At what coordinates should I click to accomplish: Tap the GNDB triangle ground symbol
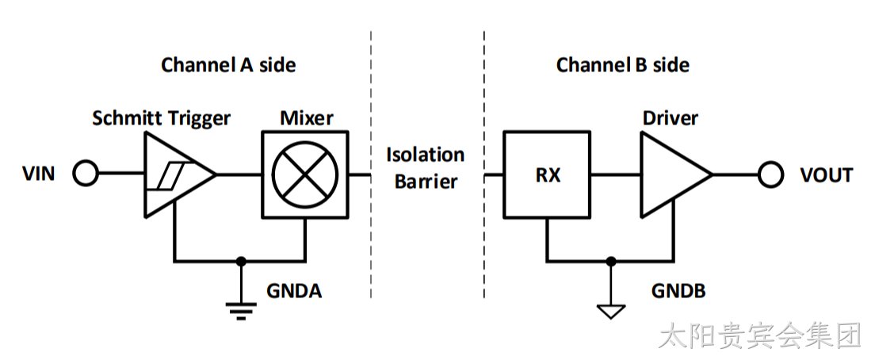point(611,312)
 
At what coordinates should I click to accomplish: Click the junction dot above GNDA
point(241,261)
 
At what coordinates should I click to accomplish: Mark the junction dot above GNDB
point(611,261)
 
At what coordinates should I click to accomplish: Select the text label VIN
point(39,174)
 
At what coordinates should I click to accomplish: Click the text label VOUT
point(827,175)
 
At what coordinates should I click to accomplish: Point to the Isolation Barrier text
point(426,168)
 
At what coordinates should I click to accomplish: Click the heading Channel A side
point(228,65)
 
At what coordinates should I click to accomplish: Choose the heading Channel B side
point(623,65)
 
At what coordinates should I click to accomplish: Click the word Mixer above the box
point(307,118)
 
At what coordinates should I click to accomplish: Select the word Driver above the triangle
point(671,118)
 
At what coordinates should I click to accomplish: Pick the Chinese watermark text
point(761,337)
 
